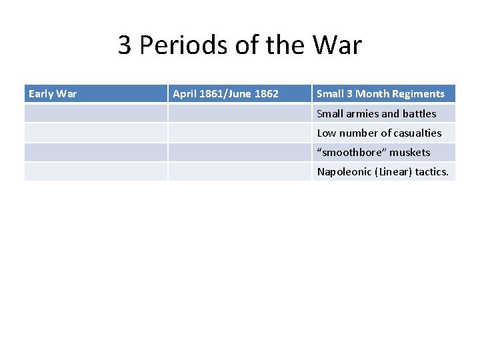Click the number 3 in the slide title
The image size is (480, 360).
(125, 45)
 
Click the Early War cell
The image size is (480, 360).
(53, 94)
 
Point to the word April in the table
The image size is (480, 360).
(185, 94)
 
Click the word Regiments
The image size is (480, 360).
(419, 94)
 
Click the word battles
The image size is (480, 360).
(419, 113)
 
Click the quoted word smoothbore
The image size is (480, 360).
(350, 152)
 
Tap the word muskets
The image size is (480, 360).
(410, 152)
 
